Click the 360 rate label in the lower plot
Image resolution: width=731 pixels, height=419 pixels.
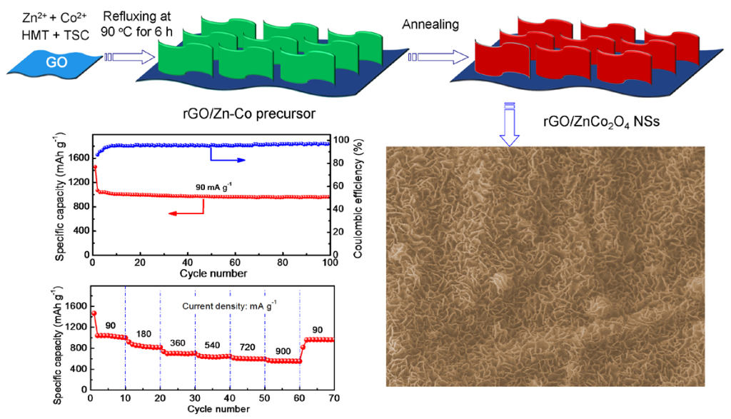click(177, 343)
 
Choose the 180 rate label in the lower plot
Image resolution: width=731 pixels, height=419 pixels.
click(143, 334)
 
